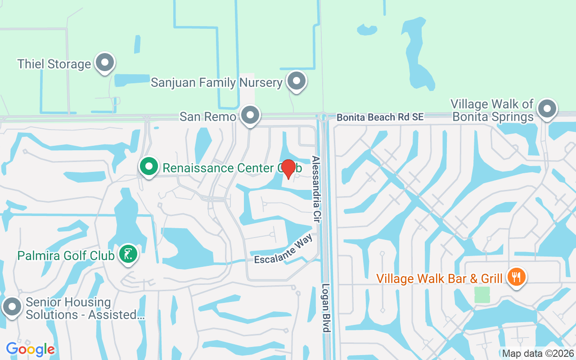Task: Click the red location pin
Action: click(288, 169)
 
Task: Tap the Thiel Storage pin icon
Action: click(105, 63)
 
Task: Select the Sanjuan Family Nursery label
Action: click(216, 83)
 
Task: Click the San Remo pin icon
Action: click(250, 115)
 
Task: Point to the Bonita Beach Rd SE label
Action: click(380, 117)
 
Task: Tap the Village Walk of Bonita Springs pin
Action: click(547, 109)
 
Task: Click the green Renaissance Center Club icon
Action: click(149, 167)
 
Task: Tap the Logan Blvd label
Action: click(326, 308)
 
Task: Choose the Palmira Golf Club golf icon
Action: click(128, 255)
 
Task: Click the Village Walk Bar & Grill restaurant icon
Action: click(515, 277)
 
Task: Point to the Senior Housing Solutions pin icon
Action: click(12, 307)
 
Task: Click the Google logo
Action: click(30, 349)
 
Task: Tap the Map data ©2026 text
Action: click(538, 354)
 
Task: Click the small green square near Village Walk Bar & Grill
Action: click(482, 295)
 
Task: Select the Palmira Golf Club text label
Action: click(66, 256)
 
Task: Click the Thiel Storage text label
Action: click(54, 64)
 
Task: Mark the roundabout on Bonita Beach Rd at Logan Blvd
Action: click(323, 117)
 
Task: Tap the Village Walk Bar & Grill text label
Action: click(439, 279)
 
